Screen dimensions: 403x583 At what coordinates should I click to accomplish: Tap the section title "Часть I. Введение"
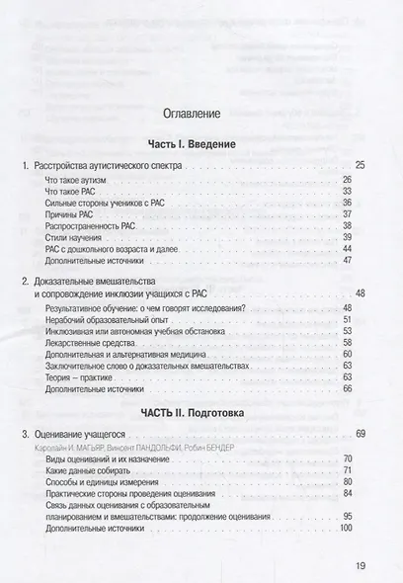coord(201,145)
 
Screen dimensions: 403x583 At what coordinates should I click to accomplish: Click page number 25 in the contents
coord(359,164)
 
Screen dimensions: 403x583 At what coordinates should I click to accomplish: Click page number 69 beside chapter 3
coord(360,434)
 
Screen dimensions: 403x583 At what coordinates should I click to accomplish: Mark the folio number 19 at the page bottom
coord(359,566)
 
